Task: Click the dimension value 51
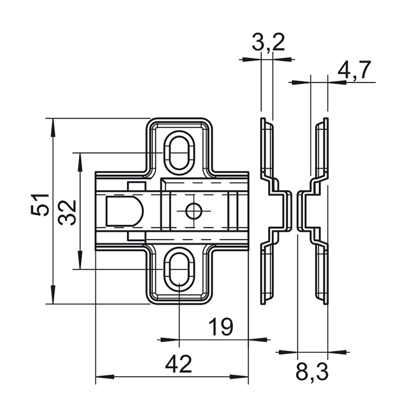(40, 204)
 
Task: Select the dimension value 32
(67, 212)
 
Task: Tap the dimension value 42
(178, 364)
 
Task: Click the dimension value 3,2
(268, 43)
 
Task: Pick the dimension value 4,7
(354, 70)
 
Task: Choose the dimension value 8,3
(312, 372)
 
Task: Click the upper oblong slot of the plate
(180, 153)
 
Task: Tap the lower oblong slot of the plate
(180, 269)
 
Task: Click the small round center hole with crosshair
(194, 211)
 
